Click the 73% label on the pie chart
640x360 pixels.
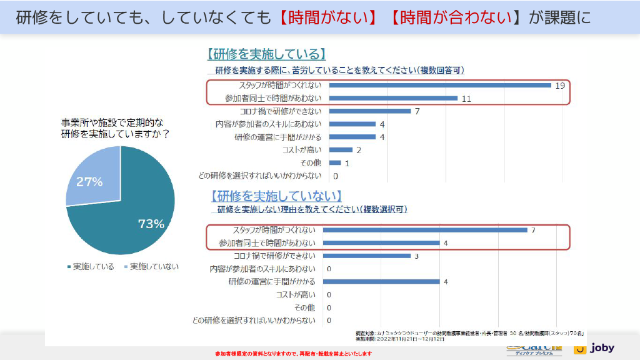pyautogui.click(x=151, y=223)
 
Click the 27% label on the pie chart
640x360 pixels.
pyautogui.click(x=89, y=182)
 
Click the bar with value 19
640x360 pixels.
pyautogui.click(x=439, y=85)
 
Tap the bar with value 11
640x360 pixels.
pyautogui.click(x=393, y=98)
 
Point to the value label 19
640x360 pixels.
pyautogui.click(x=559, y=85)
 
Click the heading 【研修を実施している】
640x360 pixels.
pyautogui.click(x=266, y=54)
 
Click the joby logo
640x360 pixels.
pyautogui.click(x=595, y=348)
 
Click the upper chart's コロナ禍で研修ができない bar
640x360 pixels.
pyautogui.click(x=369, y=111)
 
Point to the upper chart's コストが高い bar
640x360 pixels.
pyautogui.click(x=341, y=149)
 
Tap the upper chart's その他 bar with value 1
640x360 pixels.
pyautogui.click(x=335, y=162)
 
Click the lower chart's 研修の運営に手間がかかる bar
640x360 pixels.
pyautogui.click(x=384, y=281)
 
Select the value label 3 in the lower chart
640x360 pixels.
pyautogui.click(x=416, y=256)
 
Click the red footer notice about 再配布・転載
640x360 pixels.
pyautogui.click(x=293, y=354)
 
